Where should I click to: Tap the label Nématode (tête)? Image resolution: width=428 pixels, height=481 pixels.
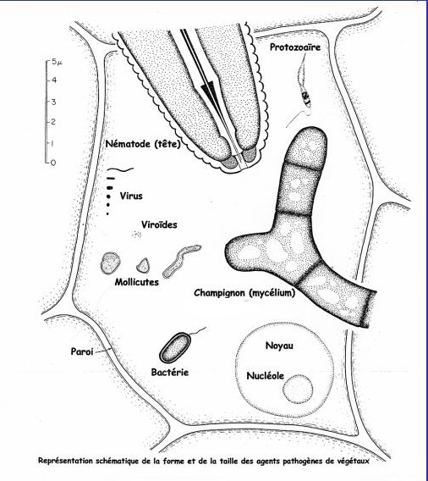(143, 144)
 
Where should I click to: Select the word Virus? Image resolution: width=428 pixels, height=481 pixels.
(131, 196)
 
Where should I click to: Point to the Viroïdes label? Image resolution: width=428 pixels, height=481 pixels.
(159, 225)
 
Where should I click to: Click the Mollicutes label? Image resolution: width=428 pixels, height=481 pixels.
(137, 282)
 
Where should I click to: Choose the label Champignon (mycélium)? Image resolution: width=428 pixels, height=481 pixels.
(244, 293)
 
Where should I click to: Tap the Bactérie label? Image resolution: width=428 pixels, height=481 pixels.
(170, 373)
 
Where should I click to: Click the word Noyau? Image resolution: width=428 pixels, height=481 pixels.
(279, 346)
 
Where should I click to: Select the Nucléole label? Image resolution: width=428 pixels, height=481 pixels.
(266, 376)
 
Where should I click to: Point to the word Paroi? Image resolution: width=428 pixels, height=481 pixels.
(82, 351)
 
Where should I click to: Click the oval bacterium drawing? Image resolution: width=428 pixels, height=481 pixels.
(176, 347)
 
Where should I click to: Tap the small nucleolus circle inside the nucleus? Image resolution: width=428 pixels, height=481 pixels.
(298, 388)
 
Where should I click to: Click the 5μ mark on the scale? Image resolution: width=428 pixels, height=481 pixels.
(57, 62)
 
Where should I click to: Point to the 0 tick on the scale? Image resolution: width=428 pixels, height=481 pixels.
(53, 163)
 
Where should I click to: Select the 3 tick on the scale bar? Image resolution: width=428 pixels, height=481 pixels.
(53, 102)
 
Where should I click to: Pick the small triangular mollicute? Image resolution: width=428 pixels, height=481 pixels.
(144, 266)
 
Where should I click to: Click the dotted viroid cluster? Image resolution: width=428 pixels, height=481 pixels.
(136, 235)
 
